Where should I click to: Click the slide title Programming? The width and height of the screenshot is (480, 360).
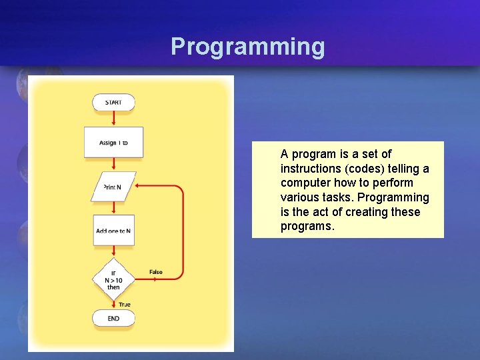tap(247, 47)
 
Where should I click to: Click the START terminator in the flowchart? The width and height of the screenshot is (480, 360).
tap(113, 102)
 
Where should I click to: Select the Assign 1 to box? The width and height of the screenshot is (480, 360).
tap(113, 142)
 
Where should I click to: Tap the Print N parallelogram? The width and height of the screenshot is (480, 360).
tap(113, 187)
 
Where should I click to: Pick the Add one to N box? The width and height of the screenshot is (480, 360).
tap(113, 230)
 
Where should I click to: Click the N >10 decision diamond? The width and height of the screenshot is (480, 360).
tap(113, 280)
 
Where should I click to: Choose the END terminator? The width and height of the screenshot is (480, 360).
tap(113, 319)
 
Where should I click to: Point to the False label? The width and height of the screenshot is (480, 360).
tap(156, 272)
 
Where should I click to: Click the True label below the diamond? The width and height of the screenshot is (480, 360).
tap(125, 304)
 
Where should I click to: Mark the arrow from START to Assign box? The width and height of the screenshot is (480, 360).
tap(113, 119)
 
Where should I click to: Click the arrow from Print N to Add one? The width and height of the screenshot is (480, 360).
tap(113, 208)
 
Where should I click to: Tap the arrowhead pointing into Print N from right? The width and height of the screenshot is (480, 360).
tap(140, 187)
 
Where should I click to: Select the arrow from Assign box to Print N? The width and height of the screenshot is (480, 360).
tap(113, 165)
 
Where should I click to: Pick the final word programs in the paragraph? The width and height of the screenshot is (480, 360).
tap(307, 227)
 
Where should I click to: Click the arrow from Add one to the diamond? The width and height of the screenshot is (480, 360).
tap(113, 253)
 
